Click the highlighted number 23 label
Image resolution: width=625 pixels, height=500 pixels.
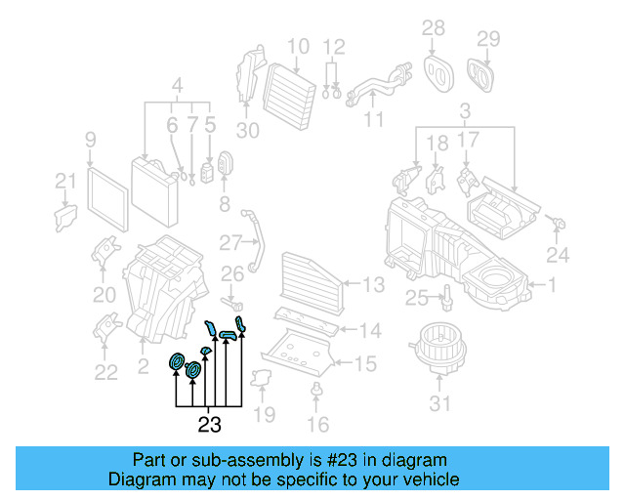point(209,425)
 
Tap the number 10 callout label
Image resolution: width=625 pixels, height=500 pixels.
point(298,45)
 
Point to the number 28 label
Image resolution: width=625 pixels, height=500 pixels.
point(433,27)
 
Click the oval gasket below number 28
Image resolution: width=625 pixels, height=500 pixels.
point(437,69)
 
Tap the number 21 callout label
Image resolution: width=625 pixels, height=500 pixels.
point(64,180)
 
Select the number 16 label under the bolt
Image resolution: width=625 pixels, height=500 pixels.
point(317,424)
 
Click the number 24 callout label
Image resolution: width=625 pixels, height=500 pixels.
point(557,257)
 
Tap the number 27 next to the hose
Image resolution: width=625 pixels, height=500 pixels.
point(229,241)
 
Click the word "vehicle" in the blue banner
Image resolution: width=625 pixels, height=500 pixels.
point(426,479)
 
